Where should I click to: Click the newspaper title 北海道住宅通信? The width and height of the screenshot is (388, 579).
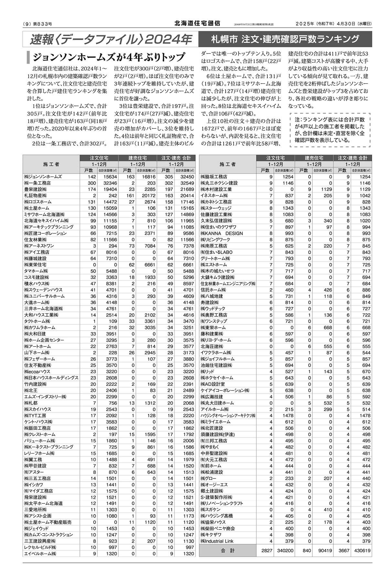click(x=197, y=23)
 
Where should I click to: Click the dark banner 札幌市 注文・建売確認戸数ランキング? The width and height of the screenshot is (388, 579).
click(x=285, y=39)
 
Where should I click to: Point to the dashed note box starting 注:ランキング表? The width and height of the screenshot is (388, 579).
click(x=330, y=130)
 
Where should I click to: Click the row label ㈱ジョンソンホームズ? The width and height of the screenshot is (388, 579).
click(x=43, y=177)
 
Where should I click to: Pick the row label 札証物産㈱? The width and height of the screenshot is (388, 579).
click(x=35, y=195)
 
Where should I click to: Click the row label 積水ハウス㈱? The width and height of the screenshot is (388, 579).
click(x=36, y=284)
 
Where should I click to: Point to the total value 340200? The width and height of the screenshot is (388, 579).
click(x=284, y=551)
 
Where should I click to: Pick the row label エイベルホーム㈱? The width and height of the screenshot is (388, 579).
click(x=40, y=554)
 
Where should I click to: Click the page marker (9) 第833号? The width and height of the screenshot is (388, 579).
click(x=38, y=24)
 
